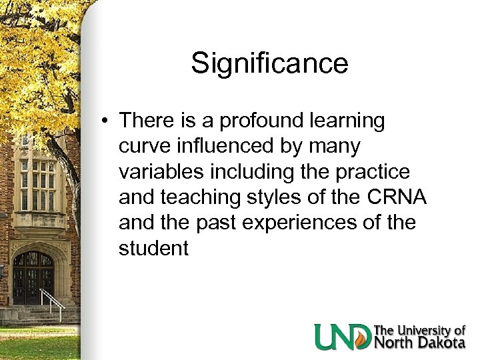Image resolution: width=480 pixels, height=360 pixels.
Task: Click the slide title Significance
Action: point(269,64)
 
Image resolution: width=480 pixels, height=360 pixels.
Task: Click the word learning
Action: point(347,121)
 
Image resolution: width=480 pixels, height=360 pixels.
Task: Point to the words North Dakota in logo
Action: point(419,343)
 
